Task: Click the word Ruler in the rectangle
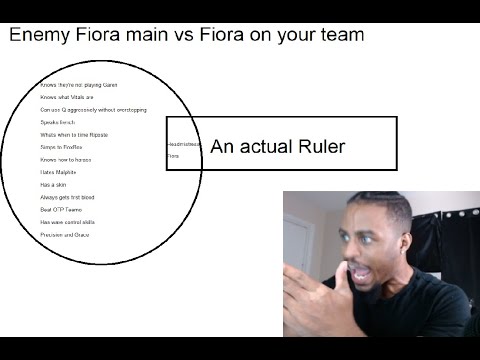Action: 320,147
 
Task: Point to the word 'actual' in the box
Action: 267,147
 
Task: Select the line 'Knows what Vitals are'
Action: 67,97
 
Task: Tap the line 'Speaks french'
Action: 58,122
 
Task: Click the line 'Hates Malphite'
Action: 58,172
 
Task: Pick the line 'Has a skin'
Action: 53,185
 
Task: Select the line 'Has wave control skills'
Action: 68,222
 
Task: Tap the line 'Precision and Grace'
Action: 65,234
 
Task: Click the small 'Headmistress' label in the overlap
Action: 184,145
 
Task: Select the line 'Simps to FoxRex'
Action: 61,147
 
